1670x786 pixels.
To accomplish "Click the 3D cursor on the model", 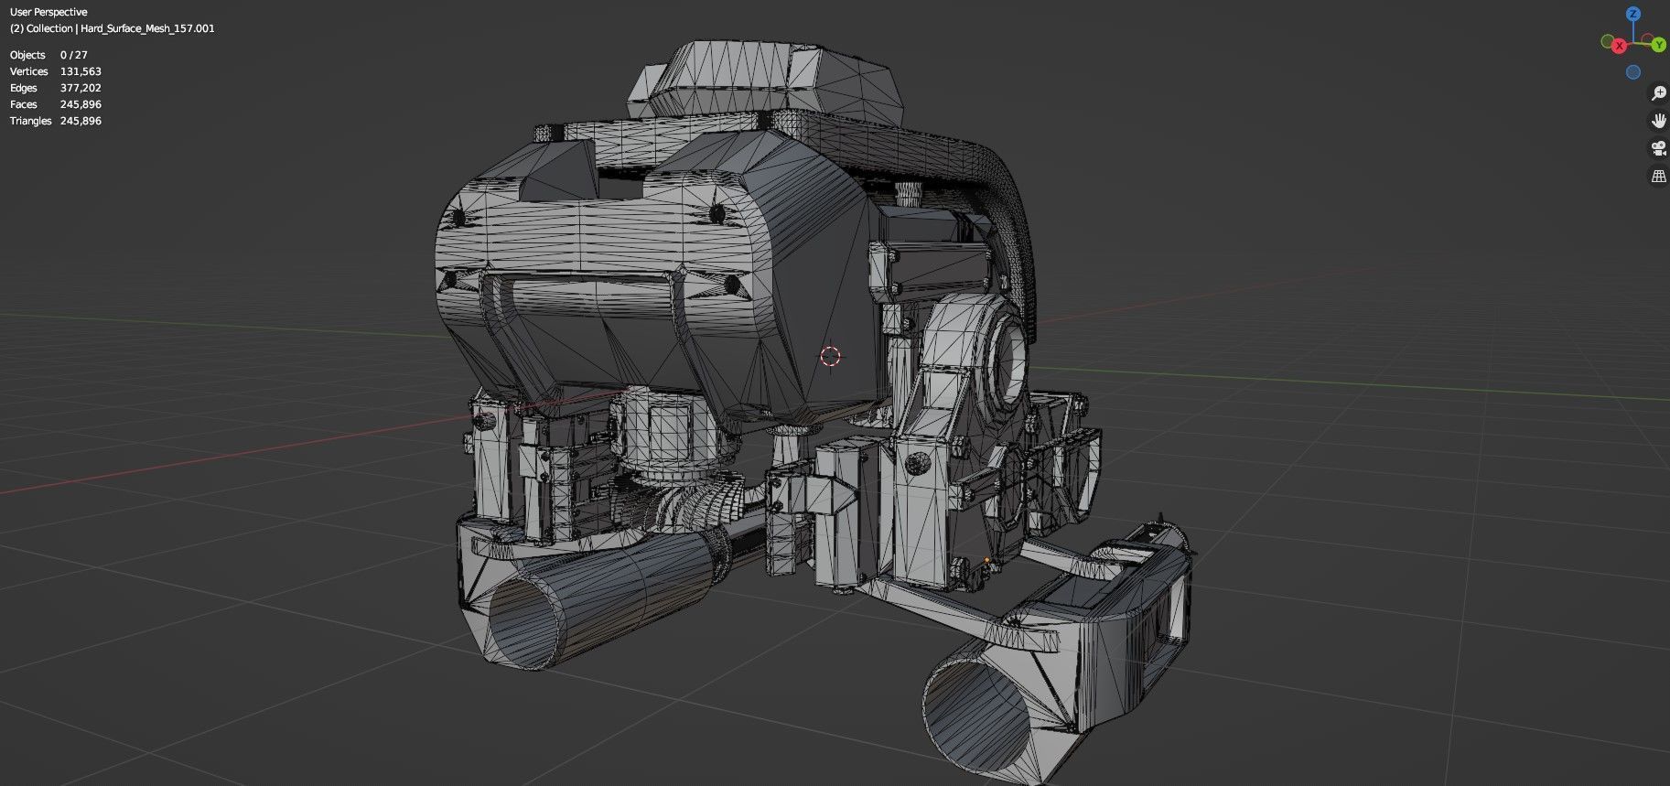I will [830, 356].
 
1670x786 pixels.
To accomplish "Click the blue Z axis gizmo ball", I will [1633, 14].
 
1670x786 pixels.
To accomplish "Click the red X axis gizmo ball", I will [1619, 46].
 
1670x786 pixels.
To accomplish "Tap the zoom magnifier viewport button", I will [1658, 93].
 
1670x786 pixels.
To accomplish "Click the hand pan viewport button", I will [1658, 121].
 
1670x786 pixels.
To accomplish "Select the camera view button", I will [1658, 148].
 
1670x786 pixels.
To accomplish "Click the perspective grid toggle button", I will [1658, 176].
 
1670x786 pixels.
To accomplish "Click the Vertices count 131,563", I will [81, 71].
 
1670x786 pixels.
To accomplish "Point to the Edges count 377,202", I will [81, 88].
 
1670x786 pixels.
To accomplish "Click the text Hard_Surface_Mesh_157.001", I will [147, 28].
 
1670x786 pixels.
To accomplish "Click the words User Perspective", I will [48, 12].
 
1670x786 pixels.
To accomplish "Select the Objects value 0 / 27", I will [74, 55].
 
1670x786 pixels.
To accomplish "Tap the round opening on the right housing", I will [1012, 362].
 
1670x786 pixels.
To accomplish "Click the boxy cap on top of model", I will [778, 78].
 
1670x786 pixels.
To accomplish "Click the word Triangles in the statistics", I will [30, 121].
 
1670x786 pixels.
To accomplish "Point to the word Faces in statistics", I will [24, 104].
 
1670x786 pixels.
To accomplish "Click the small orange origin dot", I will [986, 560].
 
